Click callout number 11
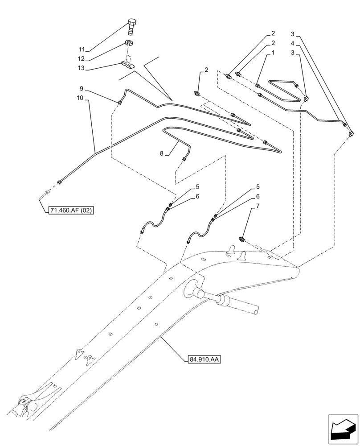point(82,50)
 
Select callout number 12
point(82,59)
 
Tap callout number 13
point(82,69)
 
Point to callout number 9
point(82,88)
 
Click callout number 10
point(82,98)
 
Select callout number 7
point(257,206)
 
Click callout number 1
point(273,52)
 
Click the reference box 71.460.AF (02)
point(70,210)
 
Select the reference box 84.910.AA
point(202,359)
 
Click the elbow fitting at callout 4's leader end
point(352,132)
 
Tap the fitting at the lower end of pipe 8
point(184,159)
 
